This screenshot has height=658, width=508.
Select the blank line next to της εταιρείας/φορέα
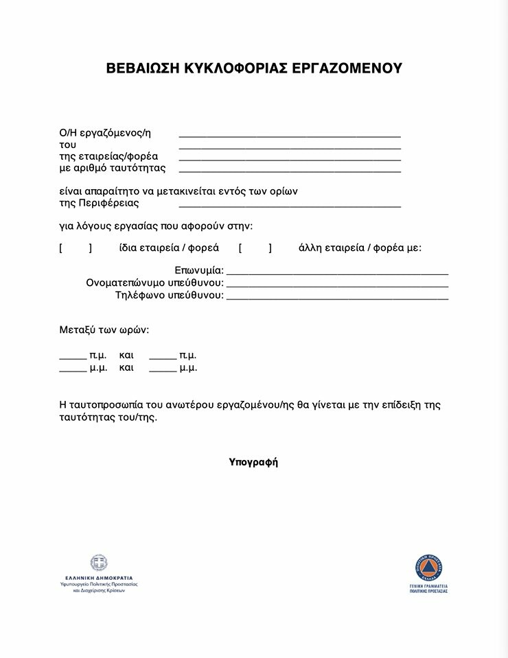(x=290, y=160)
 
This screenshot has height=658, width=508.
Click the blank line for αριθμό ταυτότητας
(x=290, y=171)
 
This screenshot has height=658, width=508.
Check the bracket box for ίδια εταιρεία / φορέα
(x=76, y=248)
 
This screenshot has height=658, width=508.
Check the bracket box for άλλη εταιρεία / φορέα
(x=255, y=248)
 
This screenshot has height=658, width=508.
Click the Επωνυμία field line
(x=337, y=273)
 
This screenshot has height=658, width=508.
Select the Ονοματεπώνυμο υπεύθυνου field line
(x=337, y=285)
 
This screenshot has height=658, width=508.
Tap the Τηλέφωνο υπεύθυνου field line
(x=337, y=298)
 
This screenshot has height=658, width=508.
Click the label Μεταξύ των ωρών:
(x=104, y=330)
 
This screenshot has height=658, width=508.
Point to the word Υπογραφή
(x=253, y=462)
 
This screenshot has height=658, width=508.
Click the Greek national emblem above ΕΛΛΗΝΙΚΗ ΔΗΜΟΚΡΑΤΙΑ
(x=99, y=563)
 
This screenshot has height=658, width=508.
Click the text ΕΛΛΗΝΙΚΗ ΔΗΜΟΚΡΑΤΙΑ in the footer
(x=99, y=578)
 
